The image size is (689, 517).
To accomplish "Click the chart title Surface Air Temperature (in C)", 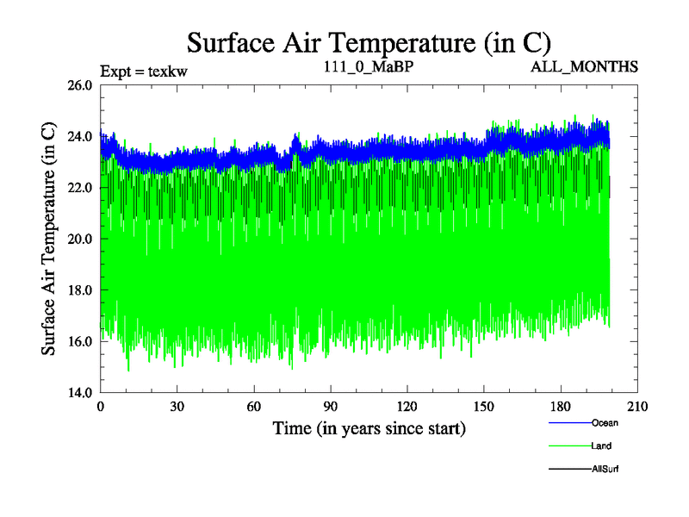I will (369, 40).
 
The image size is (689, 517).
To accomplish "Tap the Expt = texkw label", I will (144, 71).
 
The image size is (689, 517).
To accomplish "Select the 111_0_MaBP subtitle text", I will (369, 66).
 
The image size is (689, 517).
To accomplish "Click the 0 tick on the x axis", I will (101, 407).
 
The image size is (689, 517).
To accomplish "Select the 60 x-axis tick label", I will (254, 407).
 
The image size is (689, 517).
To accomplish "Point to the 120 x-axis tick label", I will (407, 407).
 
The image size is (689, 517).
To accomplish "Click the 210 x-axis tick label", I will (637, 407).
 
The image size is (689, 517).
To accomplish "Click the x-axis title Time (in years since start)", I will (369, 428).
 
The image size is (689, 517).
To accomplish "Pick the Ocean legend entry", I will (604, 422).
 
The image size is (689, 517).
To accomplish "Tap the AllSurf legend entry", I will (605, 469).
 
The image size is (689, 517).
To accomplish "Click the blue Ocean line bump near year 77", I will (296, 140).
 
